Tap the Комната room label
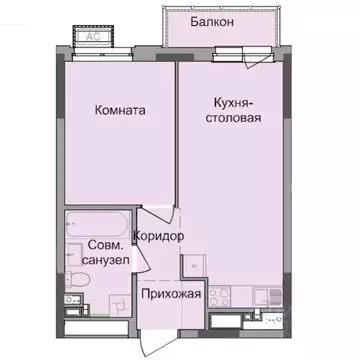(x=119, y=111)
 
